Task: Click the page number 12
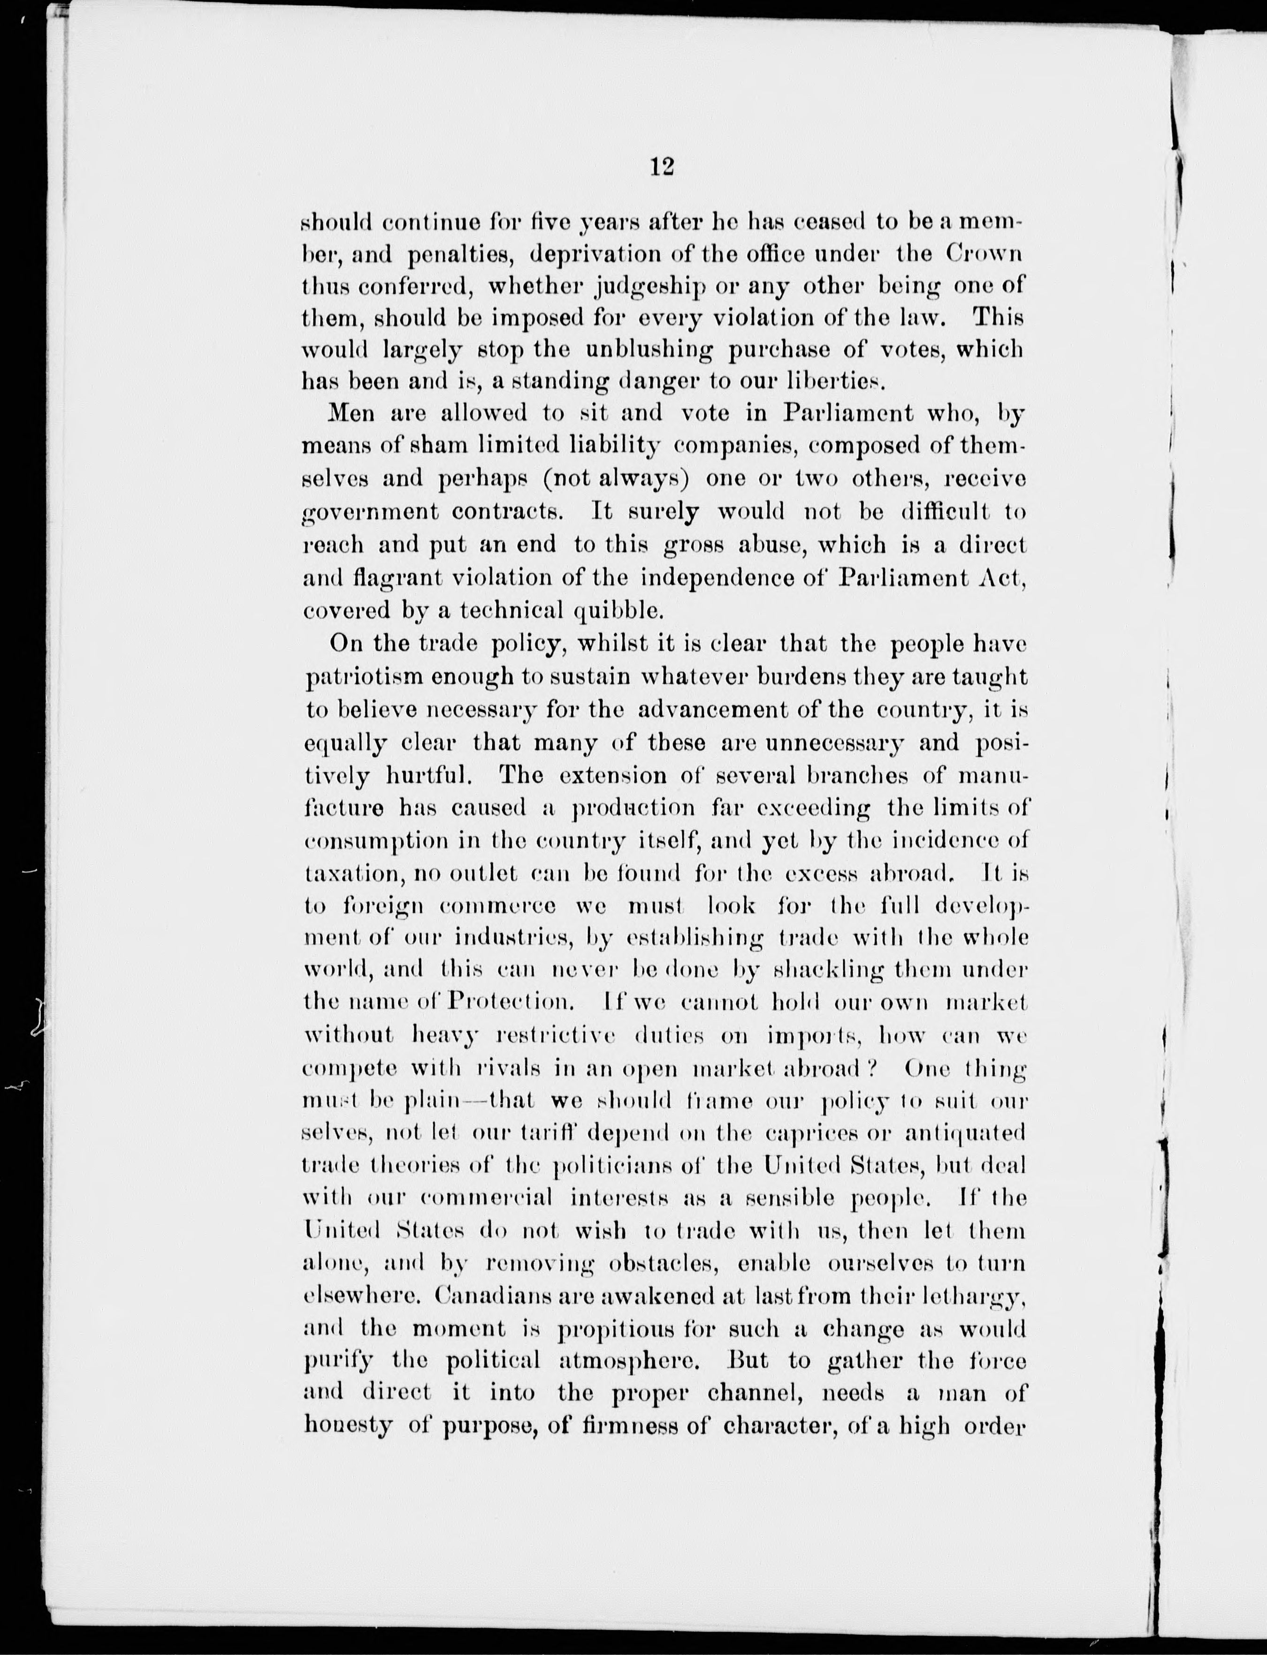661,167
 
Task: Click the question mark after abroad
869,1069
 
